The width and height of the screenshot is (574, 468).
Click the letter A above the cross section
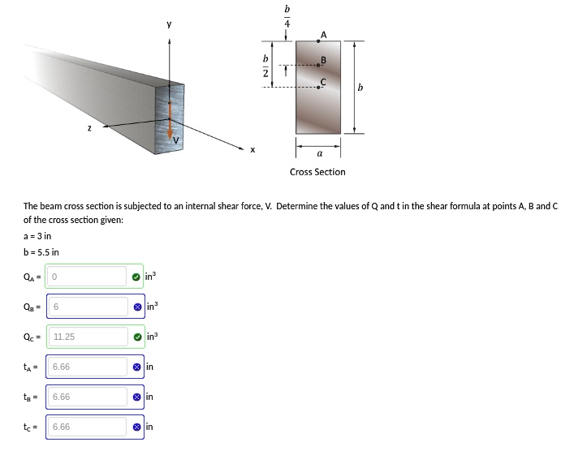(x=324, y=33)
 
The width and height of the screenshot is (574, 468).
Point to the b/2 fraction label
(x=264, y=67)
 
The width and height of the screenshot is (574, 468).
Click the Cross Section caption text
(x=317, y=172)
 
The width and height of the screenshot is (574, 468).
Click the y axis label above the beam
(x=169, y=24)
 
